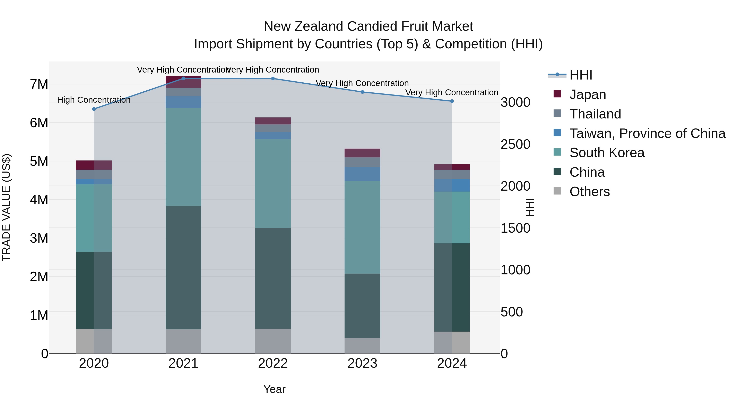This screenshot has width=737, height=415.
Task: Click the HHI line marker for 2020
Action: (x=94, y=109)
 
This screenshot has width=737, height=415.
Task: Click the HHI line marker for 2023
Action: (x=362, y=92)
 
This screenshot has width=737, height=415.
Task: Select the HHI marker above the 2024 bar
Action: (x=452, y=101)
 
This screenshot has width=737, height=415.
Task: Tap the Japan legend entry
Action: (x=587, y=94)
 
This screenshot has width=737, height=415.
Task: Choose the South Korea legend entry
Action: (x=607, y=153)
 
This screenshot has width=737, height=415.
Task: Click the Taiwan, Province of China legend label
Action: (x=647, y=133)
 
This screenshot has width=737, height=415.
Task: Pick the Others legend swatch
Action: (x=557, y=191)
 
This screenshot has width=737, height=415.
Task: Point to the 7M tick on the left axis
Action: (x=39, y=84)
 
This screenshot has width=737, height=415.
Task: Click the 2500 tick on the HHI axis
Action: (x=515, y=144)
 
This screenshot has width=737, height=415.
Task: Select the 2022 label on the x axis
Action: (x=273, y=363)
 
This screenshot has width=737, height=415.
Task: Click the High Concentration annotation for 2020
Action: (x=94, y=100)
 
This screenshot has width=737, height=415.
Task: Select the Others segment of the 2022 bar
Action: (x=273, y=341)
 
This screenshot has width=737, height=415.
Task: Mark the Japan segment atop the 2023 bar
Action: (x=362, y=153)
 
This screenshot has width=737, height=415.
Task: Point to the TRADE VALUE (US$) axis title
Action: (x=6, y=207)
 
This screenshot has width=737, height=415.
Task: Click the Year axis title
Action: (x=274, y=389)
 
